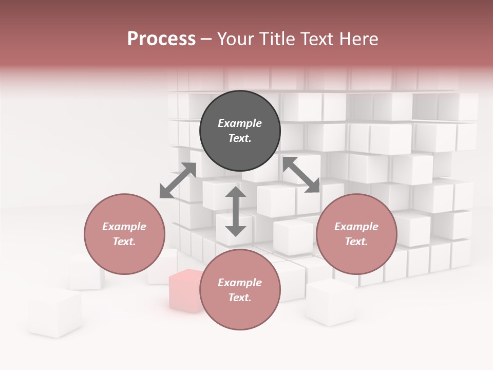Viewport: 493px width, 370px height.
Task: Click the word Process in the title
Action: point(161,39)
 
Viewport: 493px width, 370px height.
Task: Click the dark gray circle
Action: point(240,131)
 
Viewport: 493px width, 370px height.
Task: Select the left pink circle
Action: point(124,234)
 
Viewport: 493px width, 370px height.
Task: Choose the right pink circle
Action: point(356,234)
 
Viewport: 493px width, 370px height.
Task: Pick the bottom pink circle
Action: point(240,289)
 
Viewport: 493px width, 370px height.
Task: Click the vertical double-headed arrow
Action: point(236,211)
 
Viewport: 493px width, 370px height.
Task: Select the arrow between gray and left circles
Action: point(178,180)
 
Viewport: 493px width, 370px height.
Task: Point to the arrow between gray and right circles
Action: point(301,175)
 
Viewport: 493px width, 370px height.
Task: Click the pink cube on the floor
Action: point(185,291)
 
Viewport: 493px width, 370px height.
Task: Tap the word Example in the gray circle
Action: point(240,123)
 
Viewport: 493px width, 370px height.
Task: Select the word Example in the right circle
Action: point(356,227)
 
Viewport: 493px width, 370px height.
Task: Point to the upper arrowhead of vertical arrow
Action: point(236,193)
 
